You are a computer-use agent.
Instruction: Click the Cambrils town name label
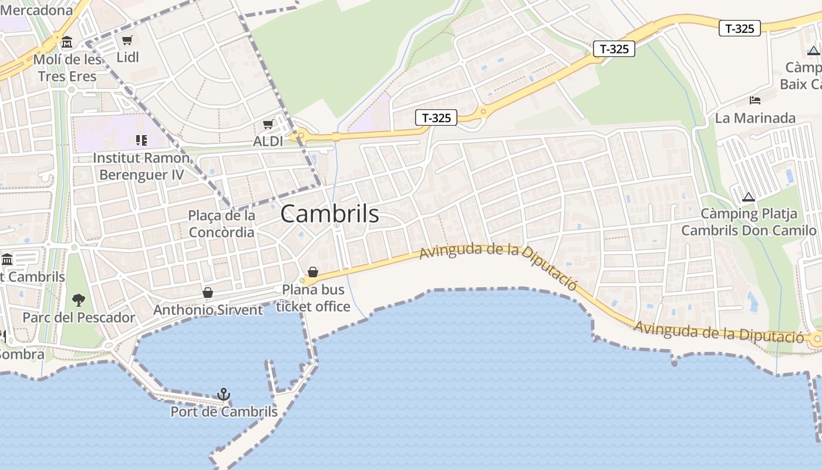click(329, 214)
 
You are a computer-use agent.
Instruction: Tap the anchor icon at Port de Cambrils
click(223, 394)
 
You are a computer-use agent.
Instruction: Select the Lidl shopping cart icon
click(127, 40)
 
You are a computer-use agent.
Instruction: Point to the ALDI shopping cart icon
click(268, 124)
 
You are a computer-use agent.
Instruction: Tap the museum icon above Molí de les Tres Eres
click(67, 42)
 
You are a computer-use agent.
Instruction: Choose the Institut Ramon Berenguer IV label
click(141, 166)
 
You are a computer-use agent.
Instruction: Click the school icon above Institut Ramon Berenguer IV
click(141, 140)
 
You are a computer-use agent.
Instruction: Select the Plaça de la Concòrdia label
click(221, 224)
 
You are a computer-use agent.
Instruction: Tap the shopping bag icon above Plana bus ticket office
click(313, 272)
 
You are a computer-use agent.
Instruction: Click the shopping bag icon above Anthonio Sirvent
click(208, 293)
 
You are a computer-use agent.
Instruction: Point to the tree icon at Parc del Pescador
click(78, 300)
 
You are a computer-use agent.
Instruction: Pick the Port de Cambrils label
click(224, 412)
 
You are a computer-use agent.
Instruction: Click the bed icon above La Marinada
click(755, 100)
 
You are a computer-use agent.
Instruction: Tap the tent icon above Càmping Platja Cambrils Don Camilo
click(748, 197)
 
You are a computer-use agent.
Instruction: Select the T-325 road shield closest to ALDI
click(436, 117)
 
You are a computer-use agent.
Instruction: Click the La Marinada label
click(755, 118)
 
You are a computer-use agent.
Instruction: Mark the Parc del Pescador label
click(79, 318)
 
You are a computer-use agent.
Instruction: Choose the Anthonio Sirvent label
click(208, 310)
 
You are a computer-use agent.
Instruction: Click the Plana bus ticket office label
click(313, 298)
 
